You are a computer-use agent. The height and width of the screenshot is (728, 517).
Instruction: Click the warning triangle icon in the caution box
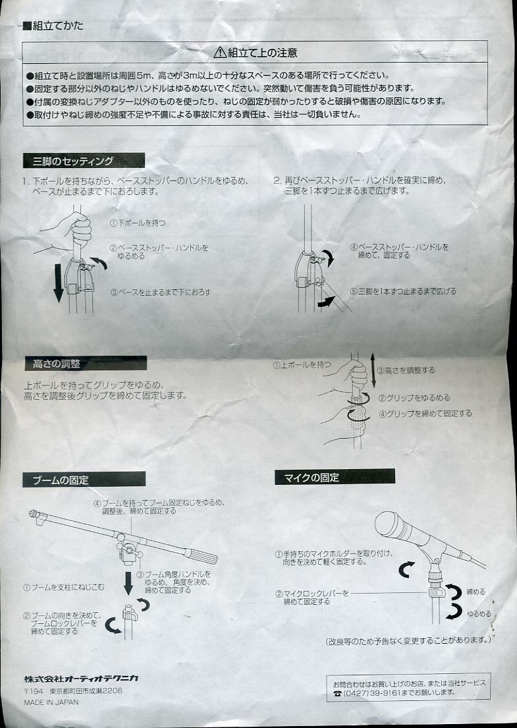(x=220, y=53)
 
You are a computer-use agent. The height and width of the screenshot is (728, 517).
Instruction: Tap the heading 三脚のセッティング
(x=73, y=161)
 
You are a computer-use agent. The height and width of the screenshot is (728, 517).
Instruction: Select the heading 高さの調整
(x=57, y=364)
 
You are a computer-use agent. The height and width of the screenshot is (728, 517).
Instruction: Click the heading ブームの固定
(x=61, y=480)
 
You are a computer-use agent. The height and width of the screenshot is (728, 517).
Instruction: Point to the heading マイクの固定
(x=312, y=477)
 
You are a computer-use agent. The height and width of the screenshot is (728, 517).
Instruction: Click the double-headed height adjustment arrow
(x=373, y=370)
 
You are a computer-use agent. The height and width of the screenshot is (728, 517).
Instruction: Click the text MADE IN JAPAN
(x=51, y=702)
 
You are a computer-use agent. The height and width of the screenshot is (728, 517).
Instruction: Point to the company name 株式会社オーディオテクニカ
(x=81, y=679)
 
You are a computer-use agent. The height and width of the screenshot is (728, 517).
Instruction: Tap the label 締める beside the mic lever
(x=476, y=592)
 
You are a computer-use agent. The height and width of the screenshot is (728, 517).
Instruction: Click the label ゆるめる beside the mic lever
(x=479, y=614)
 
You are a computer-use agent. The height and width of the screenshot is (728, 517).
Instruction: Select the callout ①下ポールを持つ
(x=138, y=223)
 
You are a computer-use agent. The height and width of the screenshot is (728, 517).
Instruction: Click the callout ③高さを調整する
(x=406, y=370)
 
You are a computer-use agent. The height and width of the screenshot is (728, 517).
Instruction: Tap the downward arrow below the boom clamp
(x=128, y=582)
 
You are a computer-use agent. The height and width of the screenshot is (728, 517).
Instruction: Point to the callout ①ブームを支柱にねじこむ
(x=64, y=587)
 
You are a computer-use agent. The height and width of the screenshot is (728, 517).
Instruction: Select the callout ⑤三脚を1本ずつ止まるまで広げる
(x=403, y=291)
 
